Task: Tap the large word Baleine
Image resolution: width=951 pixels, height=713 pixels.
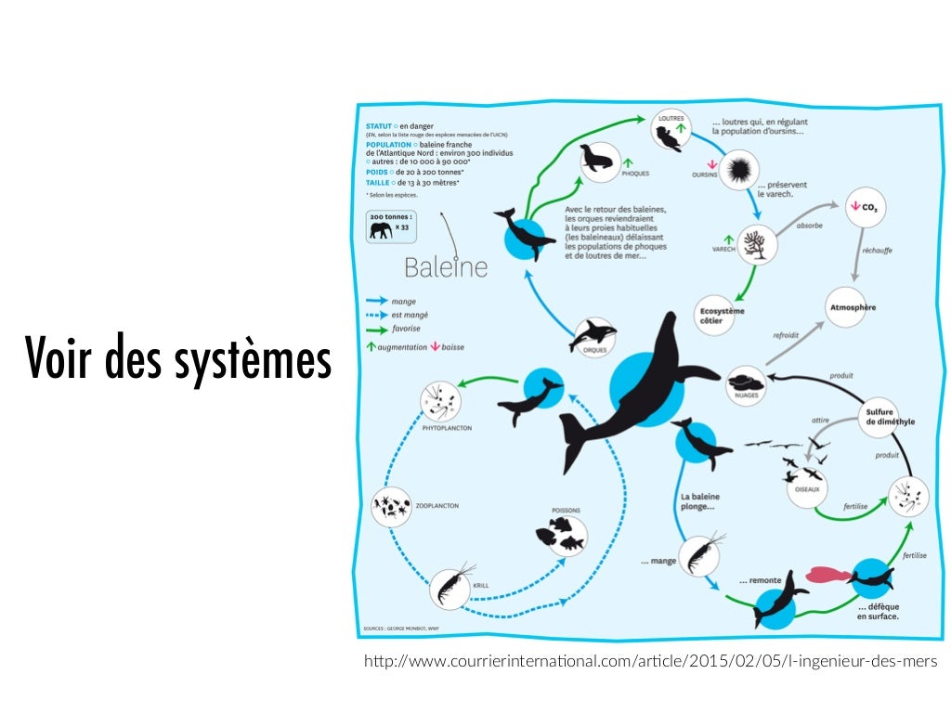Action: click(x=446, y=267)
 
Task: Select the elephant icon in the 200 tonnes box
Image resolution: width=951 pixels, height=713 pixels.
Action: click(x=380, y=229)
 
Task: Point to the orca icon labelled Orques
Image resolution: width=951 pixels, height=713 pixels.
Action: click(x=593, y=334)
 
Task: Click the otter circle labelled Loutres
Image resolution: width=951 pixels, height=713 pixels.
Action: click(x=670, y=136)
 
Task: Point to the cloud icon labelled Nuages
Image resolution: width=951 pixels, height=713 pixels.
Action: click(x=749, y=382)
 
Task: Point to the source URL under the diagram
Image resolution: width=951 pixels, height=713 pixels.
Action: click(x=650, y=661)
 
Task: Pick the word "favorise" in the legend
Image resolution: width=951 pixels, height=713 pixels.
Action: click(x=407, y=329)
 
